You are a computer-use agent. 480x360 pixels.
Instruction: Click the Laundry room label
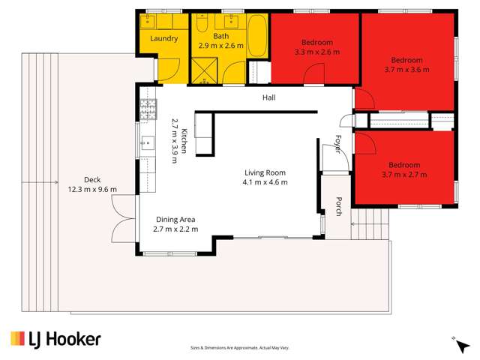[x=163, y=38]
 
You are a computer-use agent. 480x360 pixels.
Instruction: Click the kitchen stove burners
[x=147, y=109]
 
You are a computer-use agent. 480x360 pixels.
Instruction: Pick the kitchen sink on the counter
[x=147, y=143]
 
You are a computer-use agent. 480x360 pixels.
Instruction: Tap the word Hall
[x=268, y=98]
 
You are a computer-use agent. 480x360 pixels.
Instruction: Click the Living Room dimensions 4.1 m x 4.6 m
[x=265, y=182]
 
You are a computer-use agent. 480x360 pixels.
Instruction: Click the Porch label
[x=338, y=206]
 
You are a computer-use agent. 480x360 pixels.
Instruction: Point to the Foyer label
[x=338, y=144]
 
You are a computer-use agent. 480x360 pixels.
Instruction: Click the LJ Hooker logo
[x=55, y=339]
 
